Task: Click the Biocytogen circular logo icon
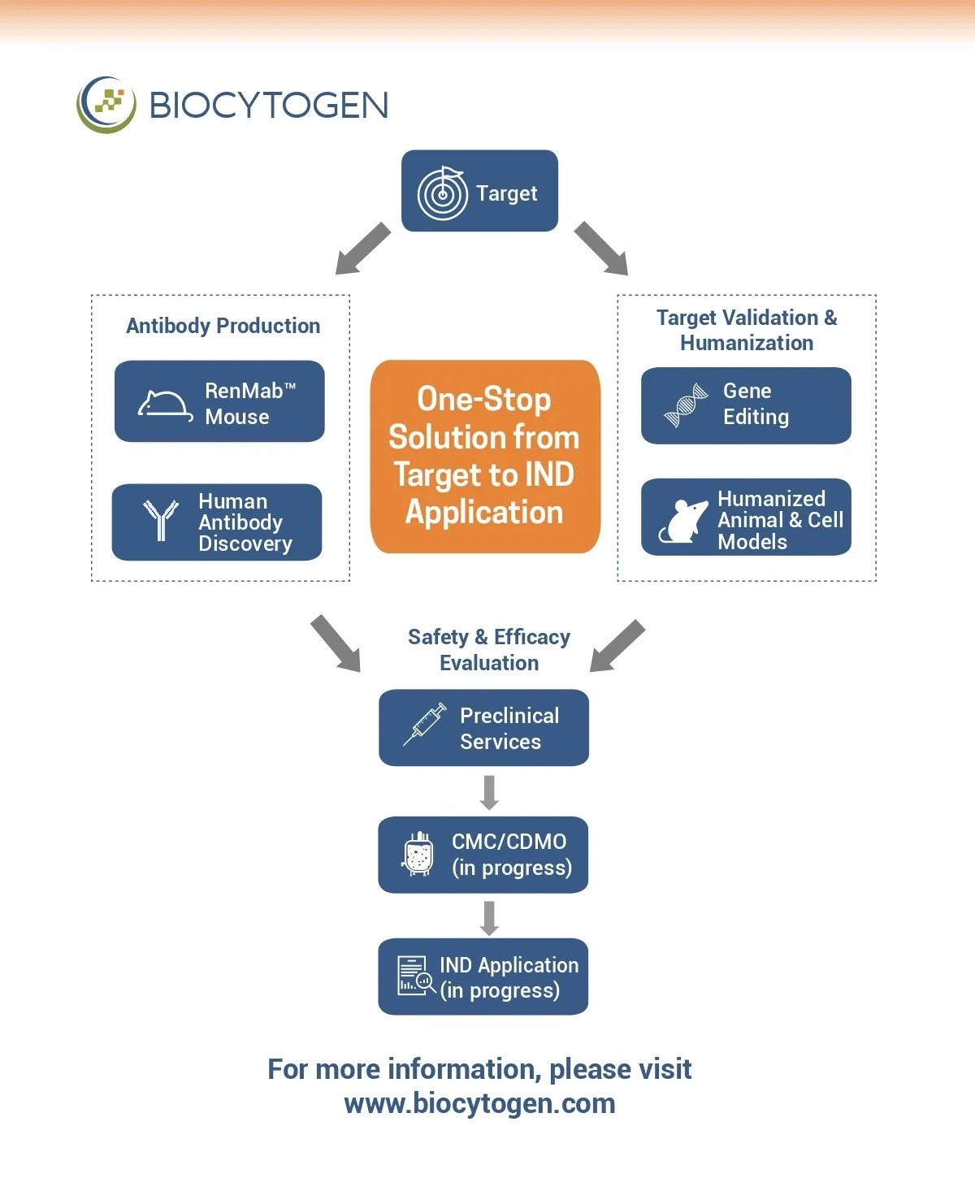click(x=106, y=105)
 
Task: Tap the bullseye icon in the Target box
click(x=442, y=193)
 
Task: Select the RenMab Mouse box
click(x=219, y=401)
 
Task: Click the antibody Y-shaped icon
click(x=161, y=520)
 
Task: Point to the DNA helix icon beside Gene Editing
click(x=686, y=405)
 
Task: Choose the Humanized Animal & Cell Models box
click(x=746, y=518)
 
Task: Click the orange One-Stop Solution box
click(x=485, y=457)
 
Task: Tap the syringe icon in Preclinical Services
click(x=425, y=724)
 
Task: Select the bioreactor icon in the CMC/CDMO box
click(x=418, y=853)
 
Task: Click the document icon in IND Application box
click(x=415, y=976)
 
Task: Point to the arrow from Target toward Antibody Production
click(x=362, y=249)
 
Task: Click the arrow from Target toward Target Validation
click(x=601, y=249)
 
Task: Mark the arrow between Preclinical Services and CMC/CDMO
click(x=489, y=792)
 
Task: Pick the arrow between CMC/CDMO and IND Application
click(x=489, y=917)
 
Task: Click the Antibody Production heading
click(x=223, y=326)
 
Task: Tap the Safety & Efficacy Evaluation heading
click(x=489, y=649)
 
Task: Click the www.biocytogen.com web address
click(x=479, y=1103)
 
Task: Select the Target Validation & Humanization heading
click(x=747, y=330)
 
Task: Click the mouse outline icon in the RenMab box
click(x=165, y=405)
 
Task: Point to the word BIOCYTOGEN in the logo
click(x=269, y=106)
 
